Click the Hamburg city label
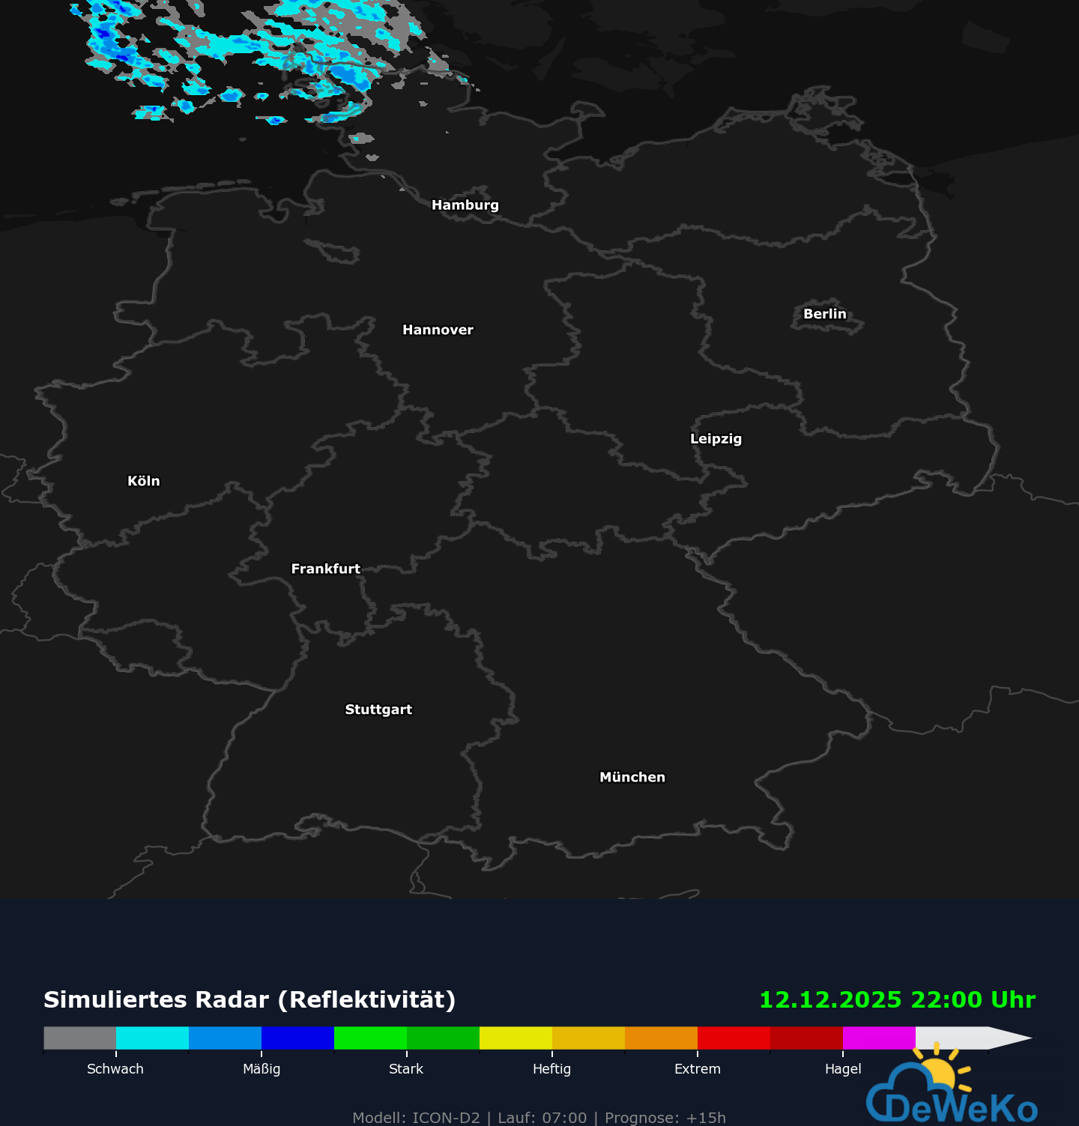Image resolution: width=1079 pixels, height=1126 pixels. point(465,205)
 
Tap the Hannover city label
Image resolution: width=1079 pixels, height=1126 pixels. point(438,330)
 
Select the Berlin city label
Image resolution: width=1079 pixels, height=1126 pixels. point(824,314)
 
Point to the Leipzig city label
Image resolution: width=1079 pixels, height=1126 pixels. point(716,439)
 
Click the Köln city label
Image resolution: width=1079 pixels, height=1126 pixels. point(144,481)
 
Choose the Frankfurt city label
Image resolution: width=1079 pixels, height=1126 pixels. point(325,569)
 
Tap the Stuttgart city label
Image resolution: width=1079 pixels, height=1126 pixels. point(378,709)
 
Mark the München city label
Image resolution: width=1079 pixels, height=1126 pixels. point(632,777)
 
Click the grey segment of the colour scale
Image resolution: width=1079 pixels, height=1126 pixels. point(80,1038)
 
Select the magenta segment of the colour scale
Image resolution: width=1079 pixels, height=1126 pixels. point(879,1038)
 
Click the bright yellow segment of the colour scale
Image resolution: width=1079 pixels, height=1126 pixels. point(516,1038)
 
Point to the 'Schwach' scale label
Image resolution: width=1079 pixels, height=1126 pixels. point(115,1069)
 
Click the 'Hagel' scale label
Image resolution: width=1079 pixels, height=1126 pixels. point(843,1069)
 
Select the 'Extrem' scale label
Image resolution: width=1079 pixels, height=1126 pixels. point(697,1069)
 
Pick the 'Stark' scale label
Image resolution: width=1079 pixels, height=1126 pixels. point(406,1069)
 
